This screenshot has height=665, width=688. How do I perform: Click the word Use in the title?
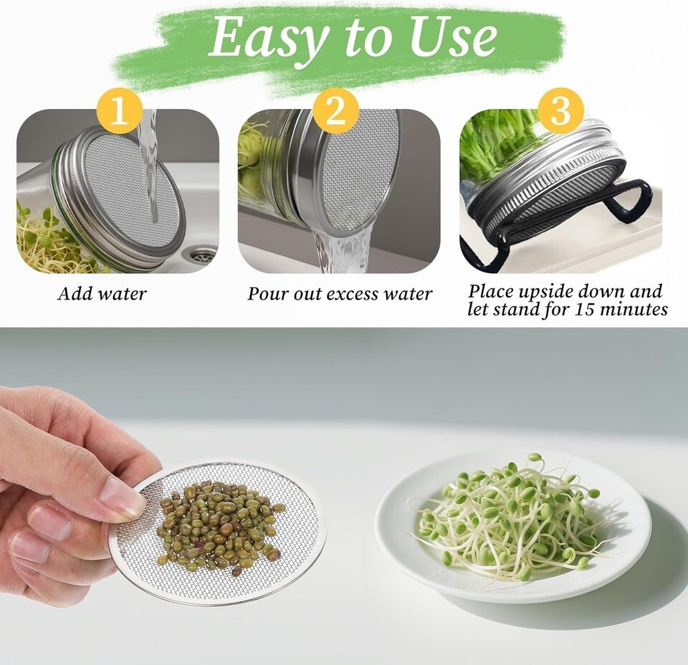[453, 37]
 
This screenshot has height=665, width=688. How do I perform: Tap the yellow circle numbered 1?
[120, 111]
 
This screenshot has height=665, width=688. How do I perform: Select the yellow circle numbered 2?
[336, 110]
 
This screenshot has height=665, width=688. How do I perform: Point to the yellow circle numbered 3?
[560, 110]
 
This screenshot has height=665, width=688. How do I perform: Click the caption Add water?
[102, 294]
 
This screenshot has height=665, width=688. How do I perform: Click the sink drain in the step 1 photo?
[201, 254]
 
